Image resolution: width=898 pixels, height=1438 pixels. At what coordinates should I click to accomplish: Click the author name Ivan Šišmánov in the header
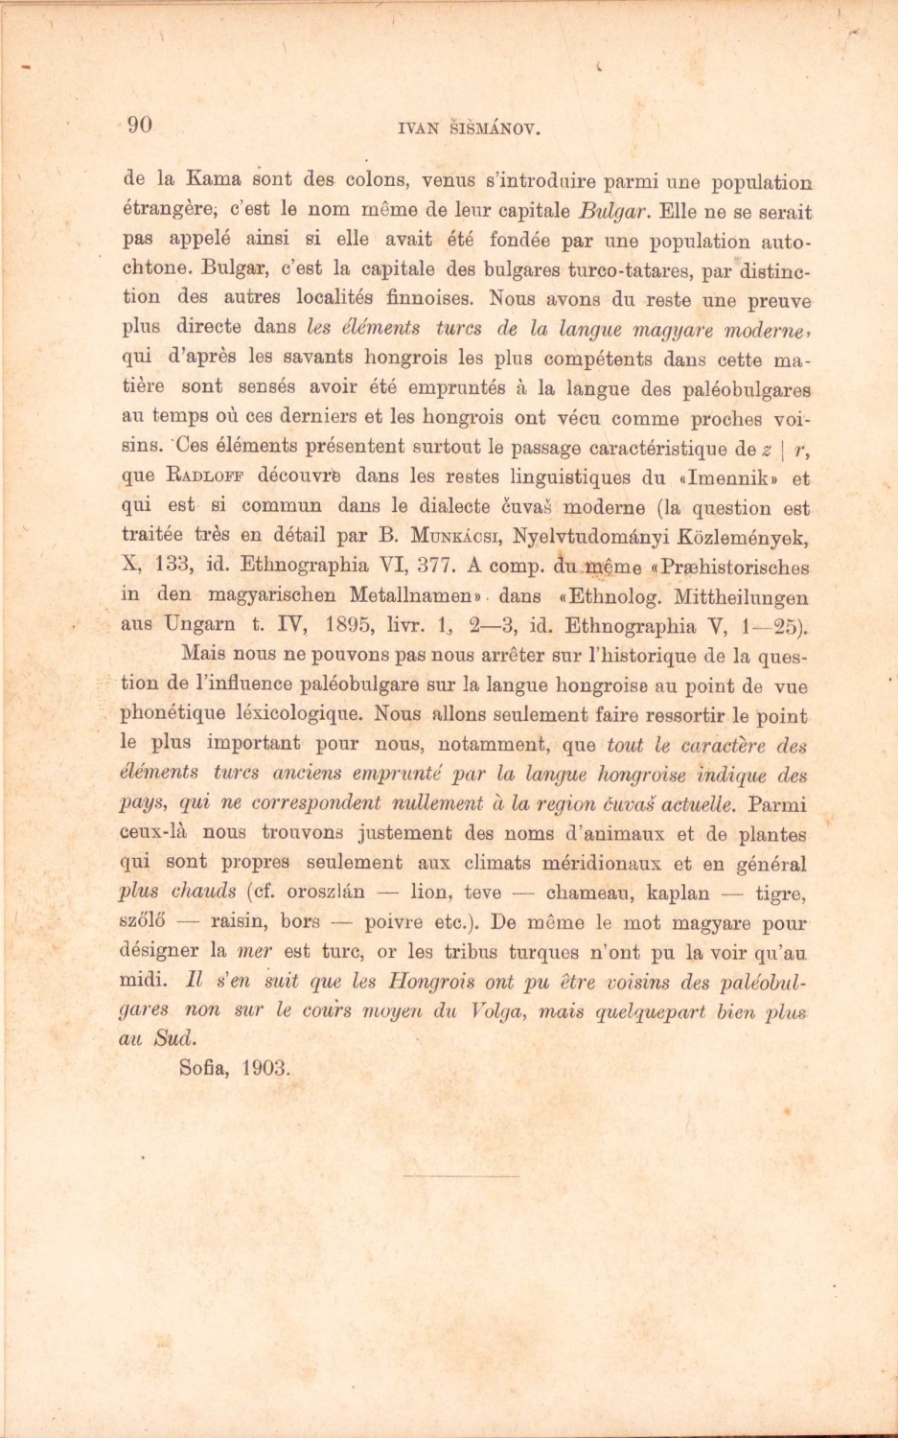(455, 126)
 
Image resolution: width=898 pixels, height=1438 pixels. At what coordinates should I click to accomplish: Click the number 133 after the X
(174, 566)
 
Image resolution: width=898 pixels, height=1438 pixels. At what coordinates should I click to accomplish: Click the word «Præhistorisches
(729, 567)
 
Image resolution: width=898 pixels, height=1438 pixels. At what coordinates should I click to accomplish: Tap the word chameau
(587, 893)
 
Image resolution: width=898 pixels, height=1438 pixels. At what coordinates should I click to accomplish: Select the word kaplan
(679, 893)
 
